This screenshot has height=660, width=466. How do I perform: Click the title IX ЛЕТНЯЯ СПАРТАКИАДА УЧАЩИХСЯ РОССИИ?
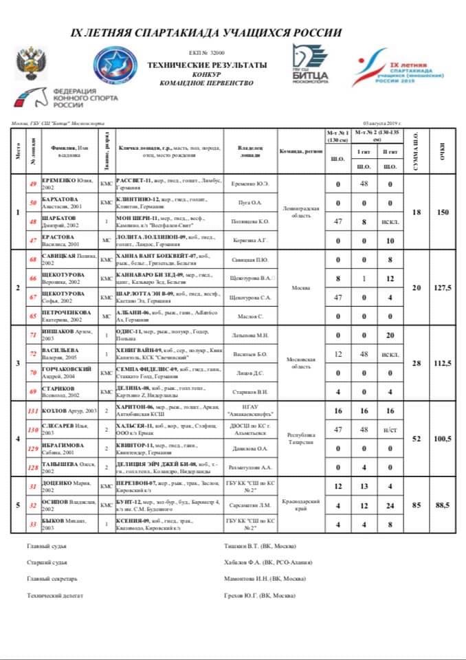(x=206, y=32)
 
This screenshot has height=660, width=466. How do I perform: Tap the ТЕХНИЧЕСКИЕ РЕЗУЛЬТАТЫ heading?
(x=207, y=64)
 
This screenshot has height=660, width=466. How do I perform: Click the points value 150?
(x=443, y=212)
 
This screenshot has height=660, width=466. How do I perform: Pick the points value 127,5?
(x=443, y=288)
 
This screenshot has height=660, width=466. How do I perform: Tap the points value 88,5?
(x=443, y=505)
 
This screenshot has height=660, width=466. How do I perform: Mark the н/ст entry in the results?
(x=390, y=429)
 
